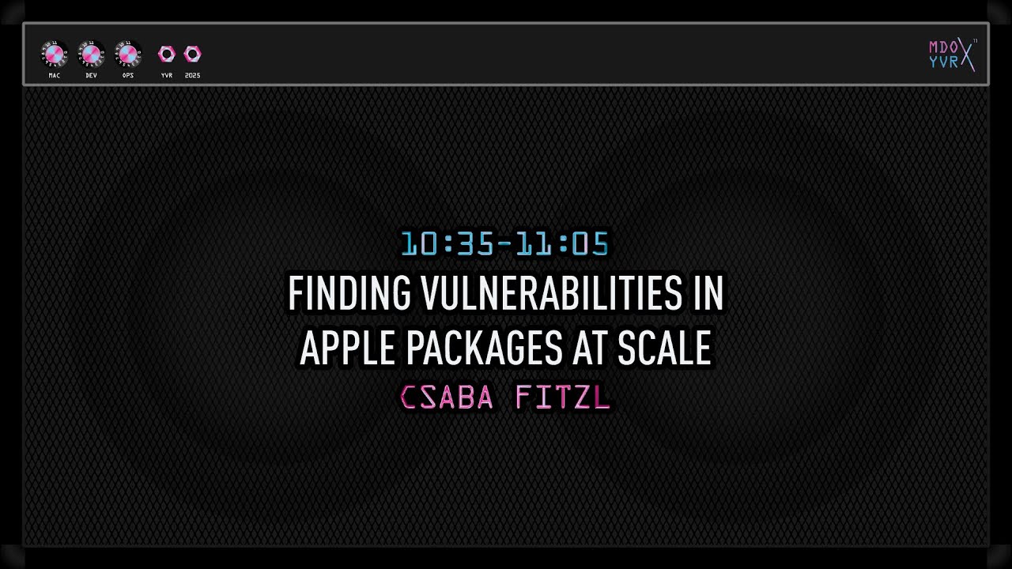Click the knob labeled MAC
54,55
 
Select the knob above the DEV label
91,55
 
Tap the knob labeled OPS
128,55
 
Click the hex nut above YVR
166,54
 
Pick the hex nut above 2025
192,54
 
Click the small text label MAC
54,76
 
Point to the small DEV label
91,76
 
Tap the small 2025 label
192,76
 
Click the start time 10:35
447,244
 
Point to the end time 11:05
562,244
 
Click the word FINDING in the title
349,294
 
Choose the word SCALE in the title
664,347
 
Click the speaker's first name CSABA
447,398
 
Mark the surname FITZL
562,398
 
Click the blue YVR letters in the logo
943,62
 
